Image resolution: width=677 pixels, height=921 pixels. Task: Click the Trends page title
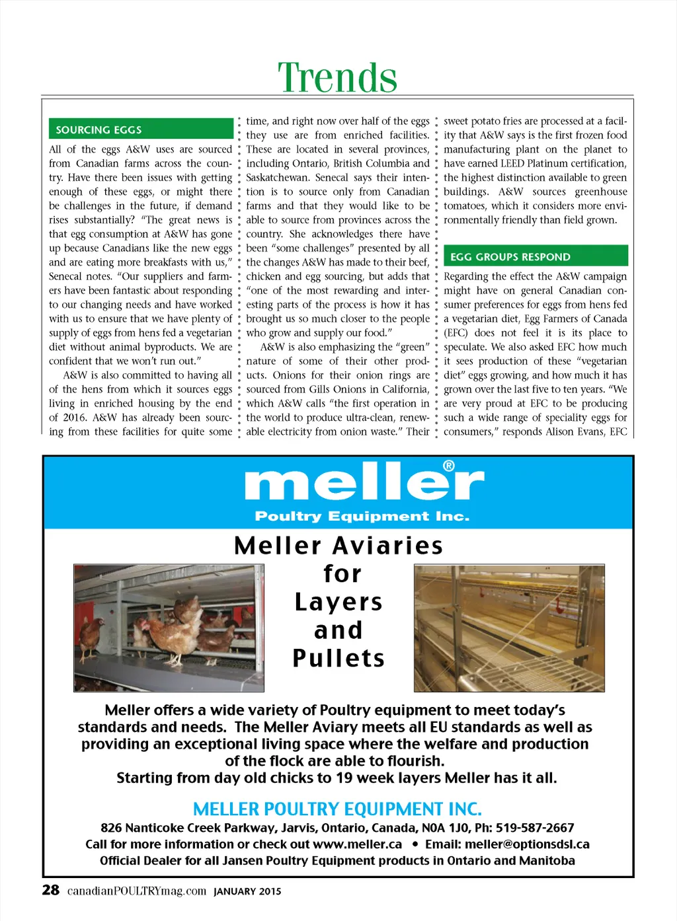pos(337,78)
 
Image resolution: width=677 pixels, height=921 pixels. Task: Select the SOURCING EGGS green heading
pos(99,129)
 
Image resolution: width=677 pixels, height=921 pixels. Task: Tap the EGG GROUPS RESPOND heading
pos(510,256)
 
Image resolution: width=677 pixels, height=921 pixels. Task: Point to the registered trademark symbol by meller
pos(449,466)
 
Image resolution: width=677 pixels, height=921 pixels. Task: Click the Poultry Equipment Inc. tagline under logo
pos(362,516)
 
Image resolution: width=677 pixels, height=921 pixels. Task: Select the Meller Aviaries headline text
pos(338,546)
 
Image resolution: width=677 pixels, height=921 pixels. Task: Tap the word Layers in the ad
pos(338,602)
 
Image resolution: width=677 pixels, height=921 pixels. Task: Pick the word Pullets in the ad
pos(338,658)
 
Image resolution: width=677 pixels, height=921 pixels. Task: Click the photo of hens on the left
pos(169,628)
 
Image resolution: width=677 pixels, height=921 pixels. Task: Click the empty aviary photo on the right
pos(509,628)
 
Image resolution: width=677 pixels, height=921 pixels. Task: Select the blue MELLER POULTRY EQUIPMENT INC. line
pos(337,809)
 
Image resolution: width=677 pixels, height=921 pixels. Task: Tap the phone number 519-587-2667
pos(535,828)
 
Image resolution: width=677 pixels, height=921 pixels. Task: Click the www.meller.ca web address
pos(357,844)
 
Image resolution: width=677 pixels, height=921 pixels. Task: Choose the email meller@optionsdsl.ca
pos(527,844)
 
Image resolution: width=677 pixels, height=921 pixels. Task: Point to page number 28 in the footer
pos(51,890)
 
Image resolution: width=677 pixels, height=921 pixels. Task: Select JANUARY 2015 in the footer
pos(247,891)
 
